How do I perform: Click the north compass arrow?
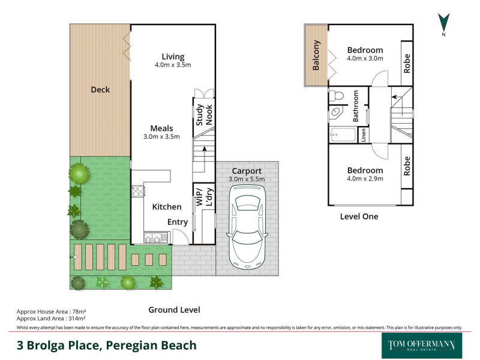pos(443,22)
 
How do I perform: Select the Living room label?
pos(173,57)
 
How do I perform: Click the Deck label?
pos(100,89)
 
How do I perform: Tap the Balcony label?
pos(316,55)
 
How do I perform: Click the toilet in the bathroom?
pos(337,95)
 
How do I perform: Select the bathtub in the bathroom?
pos(342,134)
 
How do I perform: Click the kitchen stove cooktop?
pos(137,191)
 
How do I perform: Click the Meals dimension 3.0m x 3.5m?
pos(161,137)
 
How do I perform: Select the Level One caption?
pos(359,217)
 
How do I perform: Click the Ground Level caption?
pos(174,310)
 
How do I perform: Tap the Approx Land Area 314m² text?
pos(51,319)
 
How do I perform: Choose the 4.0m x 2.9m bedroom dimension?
pos(365,178)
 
